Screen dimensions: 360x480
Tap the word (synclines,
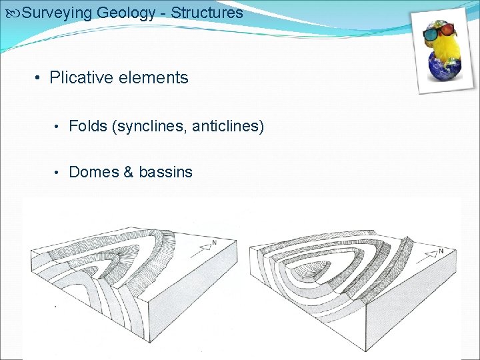click(x=151, y=126)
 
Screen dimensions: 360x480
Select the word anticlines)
click(x=228, y=126)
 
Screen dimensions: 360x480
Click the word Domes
click(x=93, y=172)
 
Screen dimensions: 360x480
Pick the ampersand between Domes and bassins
click(x=129, y=172)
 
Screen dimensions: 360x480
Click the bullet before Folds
click(x=58, y=127)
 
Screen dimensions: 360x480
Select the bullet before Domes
click(x=58, y=173)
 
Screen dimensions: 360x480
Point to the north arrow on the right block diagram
click(x=433, y=253)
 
